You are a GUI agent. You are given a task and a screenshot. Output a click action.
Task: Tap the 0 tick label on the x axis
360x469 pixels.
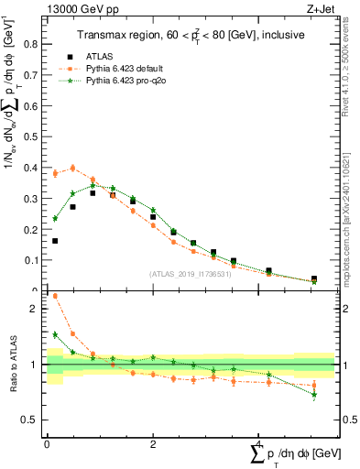coord(47,442)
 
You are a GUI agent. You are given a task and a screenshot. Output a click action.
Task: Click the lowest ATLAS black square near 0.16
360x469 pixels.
coord(55,241)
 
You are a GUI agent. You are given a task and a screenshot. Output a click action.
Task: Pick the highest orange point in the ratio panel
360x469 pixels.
coord(55,296)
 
